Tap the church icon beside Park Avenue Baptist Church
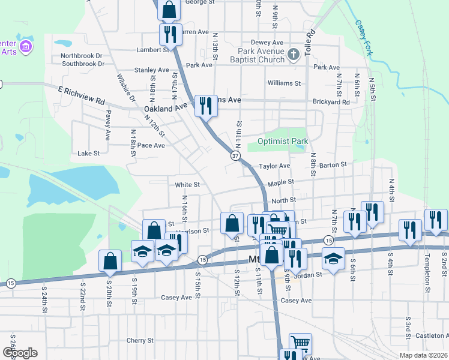coord(293,55)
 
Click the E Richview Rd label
coord(82,95)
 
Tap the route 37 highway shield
coord(236,155)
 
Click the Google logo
coord(20,353)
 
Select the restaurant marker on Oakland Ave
coord(205,106)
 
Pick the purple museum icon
coord(25,47)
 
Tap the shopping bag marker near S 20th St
coord(110,260)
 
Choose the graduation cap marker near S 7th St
coord(333,258)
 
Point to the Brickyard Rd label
coord(330,103)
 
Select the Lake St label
coord(88,154)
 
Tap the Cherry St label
coord(140,340)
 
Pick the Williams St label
coord(284,83)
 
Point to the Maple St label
coord(281,181)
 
